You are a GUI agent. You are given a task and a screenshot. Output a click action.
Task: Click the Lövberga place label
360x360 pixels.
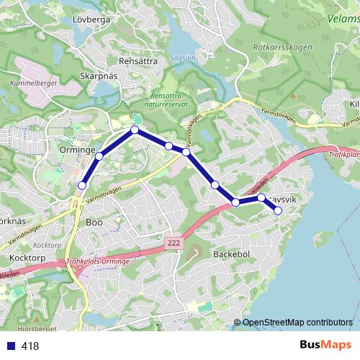pyautogui.click(x=91, y=19)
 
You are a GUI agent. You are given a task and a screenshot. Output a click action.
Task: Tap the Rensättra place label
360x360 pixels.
pyautogui.click(x=139, y=61)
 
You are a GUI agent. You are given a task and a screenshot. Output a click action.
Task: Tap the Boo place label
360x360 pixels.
pyautogui.click(x=94, y=222)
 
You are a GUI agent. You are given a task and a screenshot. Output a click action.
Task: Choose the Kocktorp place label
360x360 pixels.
pyautogui.click(x=28, y=257)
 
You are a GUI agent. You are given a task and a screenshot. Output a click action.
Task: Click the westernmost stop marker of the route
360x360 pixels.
pyautogui.click(x=81, y=186)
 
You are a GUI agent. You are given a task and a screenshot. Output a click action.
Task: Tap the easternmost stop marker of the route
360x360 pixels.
pyautogui.click(x=278, y=210)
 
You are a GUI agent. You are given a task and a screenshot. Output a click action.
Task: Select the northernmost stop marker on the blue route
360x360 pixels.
pyautogui.click(x=134, y=130)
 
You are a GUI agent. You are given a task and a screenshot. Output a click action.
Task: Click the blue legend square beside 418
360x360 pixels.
pyautogui.click(x=12, y=346)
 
